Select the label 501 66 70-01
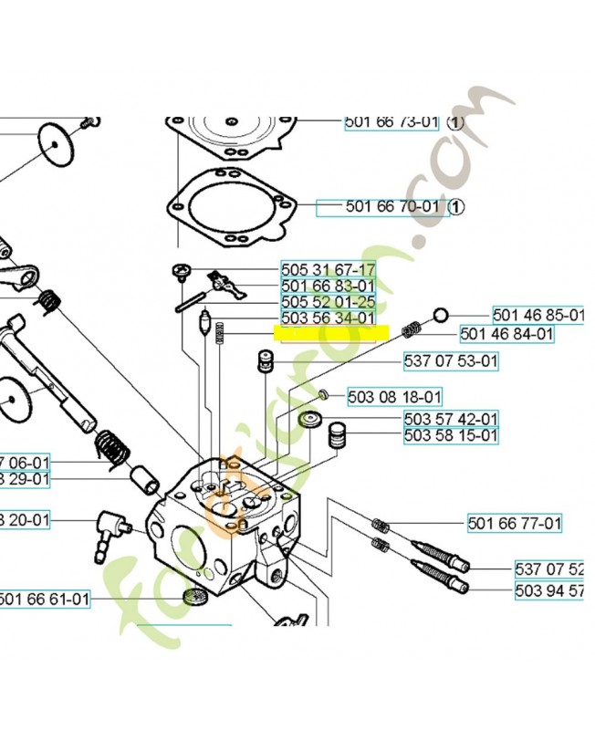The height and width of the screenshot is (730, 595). pos(392,207)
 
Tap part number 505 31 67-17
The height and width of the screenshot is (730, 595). pos(328,270)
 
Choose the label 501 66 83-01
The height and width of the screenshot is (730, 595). pos(328,287)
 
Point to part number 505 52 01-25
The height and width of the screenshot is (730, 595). pos(328,302)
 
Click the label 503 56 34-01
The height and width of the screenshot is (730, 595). pos(328,318)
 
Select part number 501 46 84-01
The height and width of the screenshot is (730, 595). pos(506,334)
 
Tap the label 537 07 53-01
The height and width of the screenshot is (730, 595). pos(451,361)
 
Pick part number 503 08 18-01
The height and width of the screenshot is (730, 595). pos(394,397)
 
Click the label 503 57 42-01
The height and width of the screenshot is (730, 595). pos(451,419)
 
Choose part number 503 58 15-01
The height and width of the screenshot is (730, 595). pos(451,435)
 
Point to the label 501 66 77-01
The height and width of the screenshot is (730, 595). pos(515,524)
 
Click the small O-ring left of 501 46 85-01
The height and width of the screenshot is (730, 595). pos(440,316)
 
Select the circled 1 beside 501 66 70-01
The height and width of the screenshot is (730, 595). pos(457,207)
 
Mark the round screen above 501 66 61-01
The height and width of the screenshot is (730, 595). pos(192,600)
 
